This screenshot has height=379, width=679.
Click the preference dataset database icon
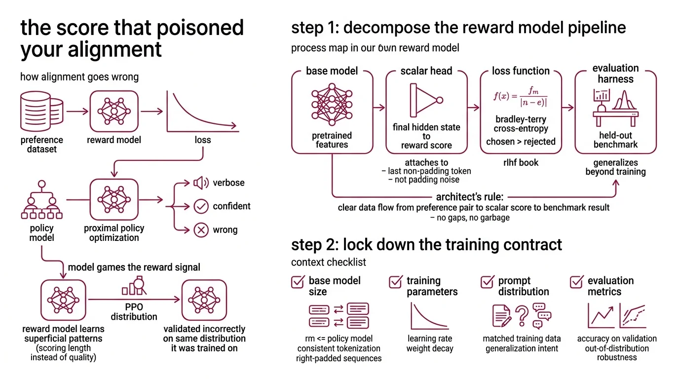(x=41, y=112)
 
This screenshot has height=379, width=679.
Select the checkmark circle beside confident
(x=201, y=206)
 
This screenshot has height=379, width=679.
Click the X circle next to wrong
(x=201, y=230)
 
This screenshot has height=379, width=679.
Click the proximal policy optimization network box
(x=114, y=199)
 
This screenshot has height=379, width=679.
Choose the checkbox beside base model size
(x=298, y=282)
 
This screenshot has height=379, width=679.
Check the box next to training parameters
(x=396, y=282)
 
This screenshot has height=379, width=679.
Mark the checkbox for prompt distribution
(x=488, y=282)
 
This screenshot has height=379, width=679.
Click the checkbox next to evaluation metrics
(x=576, y=282)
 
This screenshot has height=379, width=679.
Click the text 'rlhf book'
(x=521, y=162)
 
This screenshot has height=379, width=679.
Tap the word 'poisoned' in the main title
(x=202, y=28)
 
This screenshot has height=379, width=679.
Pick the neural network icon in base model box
(x=332, y=105)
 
